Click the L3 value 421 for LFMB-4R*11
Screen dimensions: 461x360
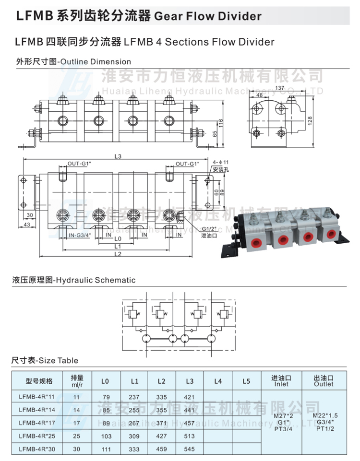click(189, 397)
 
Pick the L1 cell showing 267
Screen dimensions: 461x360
click(134, 423)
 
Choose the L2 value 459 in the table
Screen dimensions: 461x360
click(161, 449)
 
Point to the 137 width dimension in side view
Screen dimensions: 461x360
click(280, 88)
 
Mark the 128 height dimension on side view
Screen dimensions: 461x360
click(310, 120)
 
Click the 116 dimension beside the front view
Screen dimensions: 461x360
click(221, 124)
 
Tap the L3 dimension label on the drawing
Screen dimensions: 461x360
click(118, 156)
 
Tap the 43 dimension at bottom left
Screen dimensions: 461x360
click(27, 225)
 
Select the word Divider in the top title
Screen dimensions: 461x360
click(239, 17)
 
